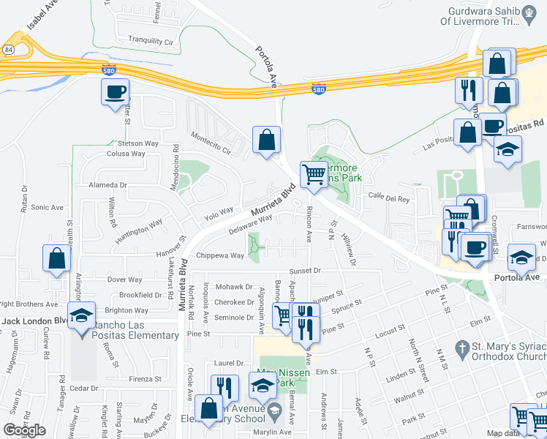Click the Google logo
24,430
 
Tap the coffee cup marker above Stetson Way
115,93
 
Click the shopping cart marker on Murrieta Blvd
314,176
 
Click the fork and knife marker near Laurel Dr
225,388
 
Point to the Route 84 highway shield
7,49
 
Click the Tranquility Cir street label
150,42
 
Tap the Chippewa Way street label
220,255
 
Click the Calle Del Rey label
386,195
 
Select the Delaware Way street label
250,222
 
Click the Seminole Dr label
234,317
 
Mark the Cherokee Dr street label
234,302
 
